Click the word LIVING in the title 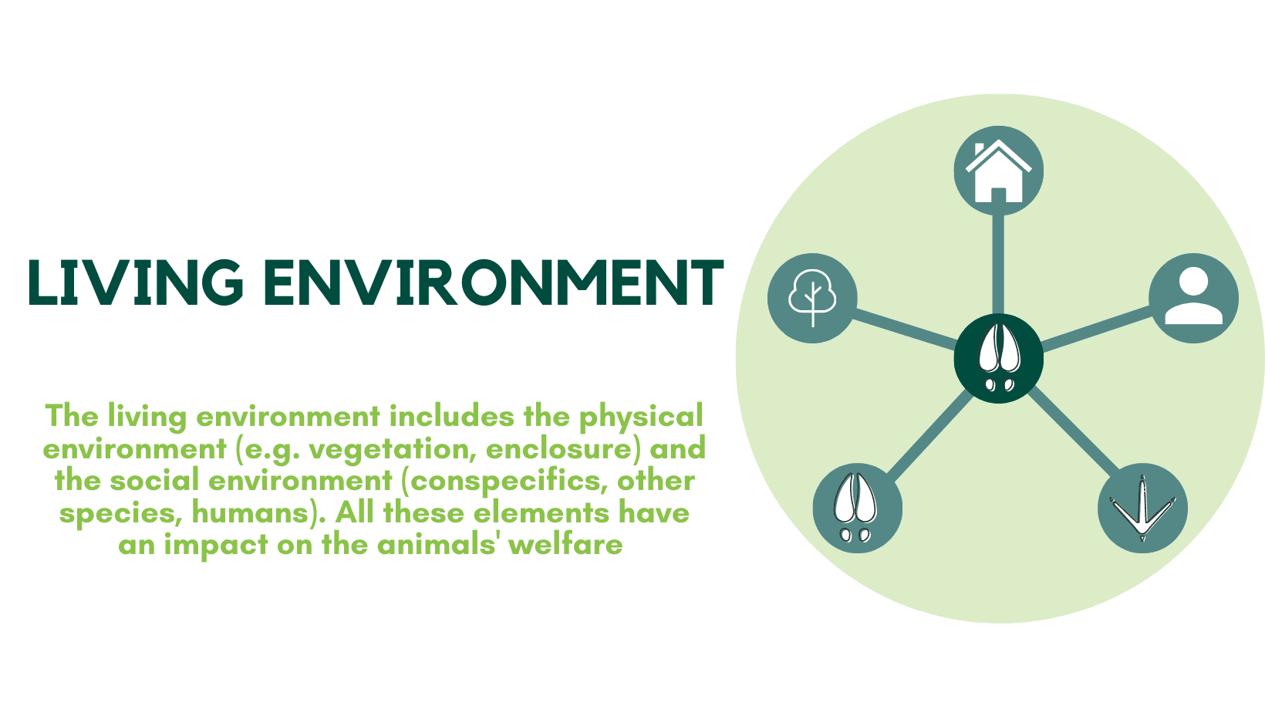pyautogui.click(x=136, y=282)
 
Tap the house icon pyautogui.click(x=998, y=171)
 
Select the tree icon pyautogui.click(x=812, y=298)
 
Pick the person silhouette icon pyautogui.click(x=1193, y=298)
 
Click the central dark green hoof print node pyautogui.click(x=998, y=358)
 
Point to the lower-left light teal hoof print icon pyautogui.click(x=857, y=508)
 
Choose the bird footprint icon pyautogui.click(x=1142, y=508)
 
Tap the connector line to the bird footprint pyautogui.click(x=1072, y=432)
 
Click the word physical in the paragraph pyautogui.click(x=641, y=417)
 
